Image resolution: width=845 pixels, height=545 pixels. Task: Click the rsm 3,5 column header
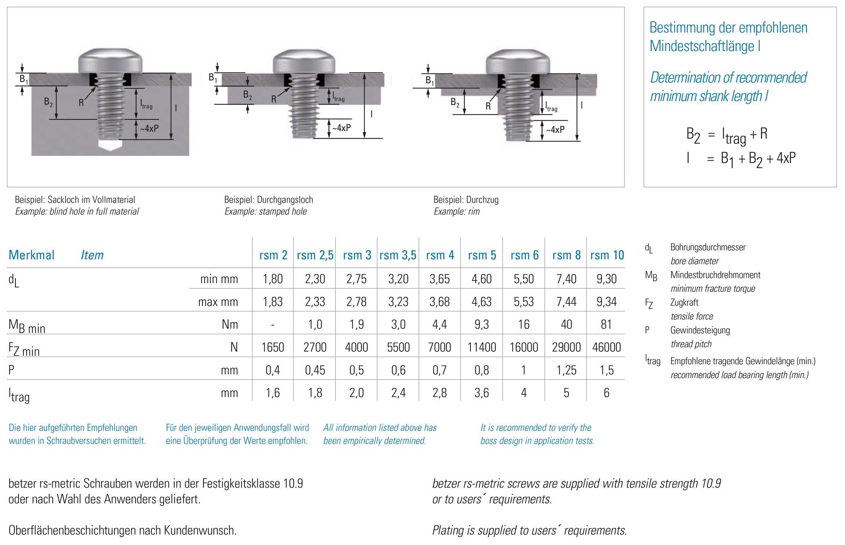click(x=398, y=255)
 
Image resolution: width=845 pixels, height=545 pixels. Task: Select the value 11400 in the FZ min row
click(x=481, y=347)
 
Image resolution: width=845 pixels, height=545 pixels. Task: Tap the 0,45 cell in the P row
click(x=315, y=370)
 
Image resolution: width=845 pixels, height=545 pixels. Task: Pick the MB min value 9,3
click(x=481, y=324)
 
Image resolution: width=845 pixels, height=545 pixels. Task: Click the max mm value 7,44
click(x=566, y=302)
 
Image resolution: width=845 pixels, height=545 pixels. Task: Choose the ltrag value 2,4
click(x=398, y=393)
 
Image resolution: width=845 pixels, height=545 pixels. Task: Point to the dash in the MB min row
click(x=272, y=324)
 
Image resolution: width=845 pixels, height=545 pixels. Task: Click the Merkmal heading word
click(x=31, y=255)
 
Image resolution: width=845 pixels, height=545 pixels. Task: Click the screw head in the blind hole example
click(x=110, y=61)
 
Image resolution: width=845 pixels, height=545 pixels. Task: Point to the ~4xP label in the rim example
click(x=555, y=130)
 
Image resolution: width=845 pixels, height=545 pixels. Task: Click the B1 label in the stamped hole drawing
click(x=213, y=78)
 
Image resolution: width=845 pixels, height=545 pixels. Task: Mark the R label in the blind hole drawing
click(x=81, y=103)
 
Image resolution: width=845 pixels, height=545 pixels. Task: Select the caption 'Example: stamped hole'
click(x=265, y=211)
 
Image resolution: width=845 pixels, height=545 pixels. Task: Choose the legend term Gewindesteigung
click(x=700, y=330)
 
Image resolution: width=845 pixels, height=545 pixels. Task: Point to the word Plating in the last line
click(x=447, y=530)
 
